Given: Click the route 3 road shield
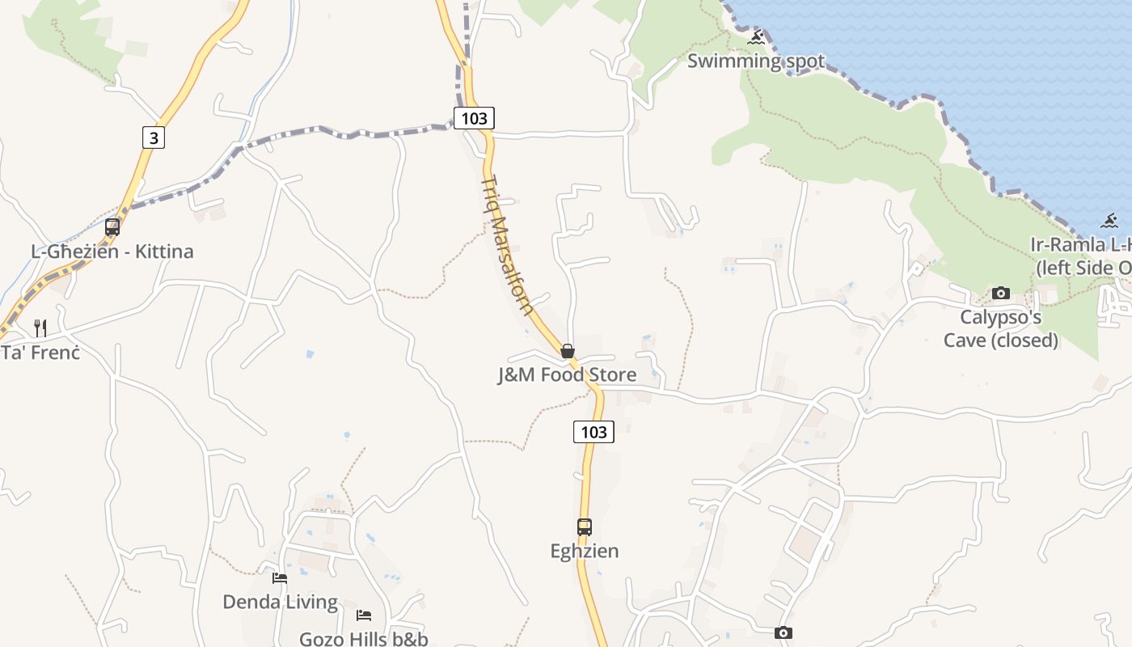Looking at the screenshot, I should pos(153,137).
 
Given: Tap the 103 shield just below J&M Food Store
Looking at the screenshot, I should pos(593,432).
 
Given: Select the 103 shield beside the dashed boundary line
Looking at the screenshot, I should pos(474,118).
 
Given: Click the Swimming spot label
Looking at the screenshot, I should pos(755,61).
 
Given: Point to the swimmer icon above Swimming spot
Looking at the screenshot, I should pos(756,37).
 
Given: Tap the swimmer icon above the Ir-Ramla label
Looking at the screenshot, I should pos(1109,221).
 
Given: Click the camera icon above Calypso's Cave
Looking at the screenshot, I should pos(1001,293).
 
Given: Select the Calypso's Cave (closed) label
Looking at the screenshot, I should pos(1001,328).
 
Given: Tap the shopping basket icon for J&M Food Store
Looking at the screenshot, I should pos(568,351).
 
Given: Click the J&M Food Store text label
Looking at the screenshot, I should pos(567,374).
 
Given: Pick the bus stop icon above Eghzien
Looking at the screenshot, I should pos(585,527).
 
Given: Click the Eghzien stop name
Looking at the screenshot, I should pos(585,551).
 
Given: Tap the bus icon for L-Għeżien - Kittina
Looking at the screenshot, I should pos(112,227).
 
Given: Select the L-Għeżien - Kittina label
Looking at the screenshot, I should pos(112,252).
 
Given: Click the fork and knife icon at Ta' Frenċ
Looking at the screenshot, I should pos(40,328).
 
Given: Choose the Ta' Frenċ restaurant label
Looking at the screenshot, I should pos(40,353).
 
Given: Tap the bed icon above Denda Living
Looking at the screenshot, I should pos(280,578).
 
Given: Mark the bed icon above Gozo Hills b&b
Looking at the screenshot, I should pos(364,615).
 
